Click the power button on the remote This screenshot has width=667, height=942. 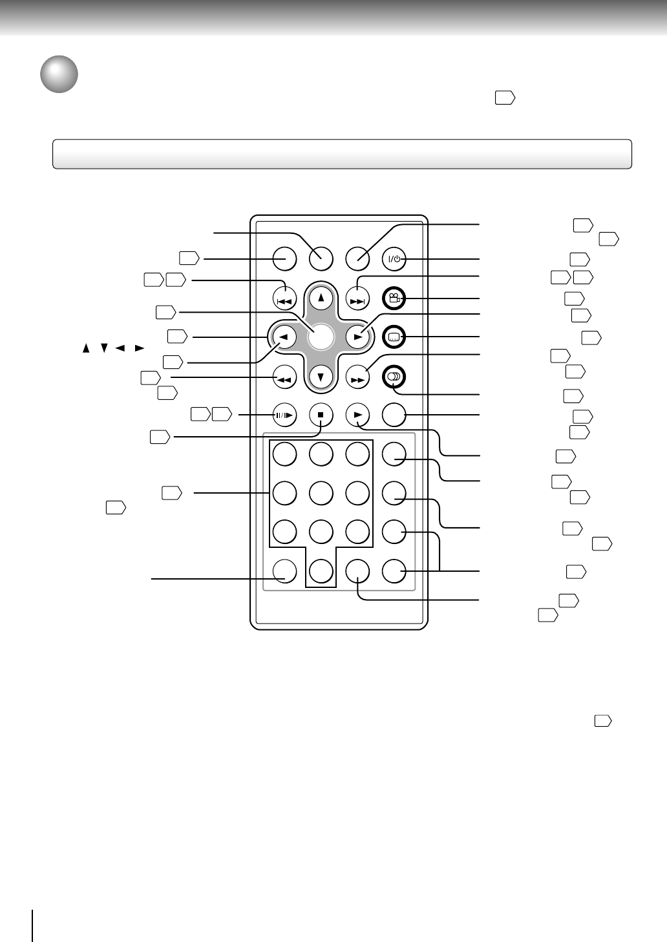tap(394, 259)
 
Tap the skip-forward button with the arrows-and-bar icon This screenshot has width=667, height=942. tap(357, 299)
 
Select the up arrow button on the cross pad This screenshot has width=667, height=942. tap(321, 298)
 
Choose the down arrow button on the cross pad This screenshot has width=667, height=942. tap(321, 376)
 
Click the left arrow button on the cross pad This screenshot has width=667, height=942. tap(284, 337)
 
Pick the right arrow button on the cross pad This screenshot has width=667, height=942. tap(357, 337)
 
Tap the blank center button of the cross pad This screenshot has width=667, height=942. tap(321, 337)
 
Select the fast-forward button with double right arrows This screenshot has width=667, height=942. tap(357, 377)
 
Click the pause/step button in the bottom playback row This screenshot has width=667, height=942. tap(284, 415)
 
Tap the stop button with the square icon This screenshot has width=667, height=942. tap(321, 415)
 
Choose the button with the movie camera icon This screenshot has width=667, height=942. tap(394, 298)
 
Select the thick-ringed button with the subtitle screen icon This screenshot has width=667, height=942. tap(394, 337)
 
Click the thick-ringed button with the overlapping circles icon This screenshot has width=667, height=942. tap(394, 376)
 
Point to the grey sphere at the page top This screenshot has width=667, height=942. tap(59, 74)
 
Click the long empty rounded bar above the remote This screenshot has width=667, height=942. tap(342, 154)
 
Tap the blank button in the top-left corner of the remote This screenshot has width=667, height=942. tap(284, 259)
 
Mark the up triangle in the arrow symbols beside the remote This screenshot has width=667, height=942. tap(85, 348)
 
